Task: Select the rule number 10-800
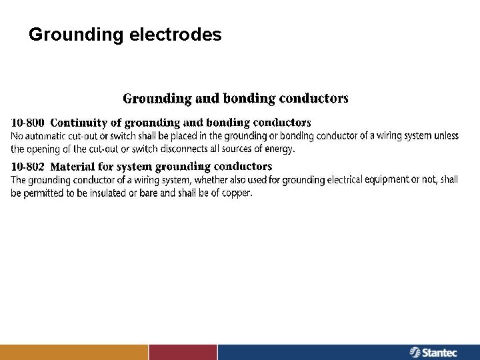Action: [28, 123]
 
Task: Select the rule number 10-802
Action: [28, 167]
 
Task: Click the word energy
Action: [279, 149]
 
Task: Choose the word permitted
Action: [44, 193]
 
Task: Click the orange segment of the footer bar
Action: [73, 352]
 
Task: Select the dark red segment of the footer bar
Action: [183, 352]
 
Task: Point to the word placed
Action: [173, 136]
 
